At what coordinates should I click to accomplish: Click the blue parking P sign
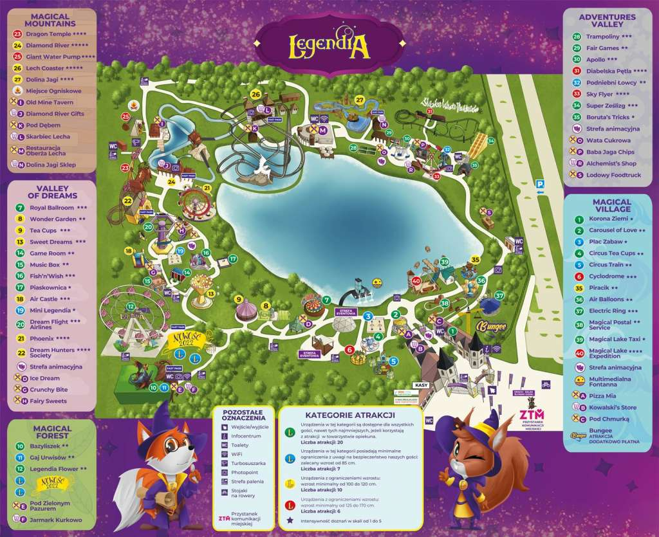click(541, 185)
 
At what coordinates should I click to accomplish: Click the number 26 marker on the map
click(255, 95)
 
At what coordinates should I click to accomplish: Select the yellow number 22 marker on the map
click(127, 201)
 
